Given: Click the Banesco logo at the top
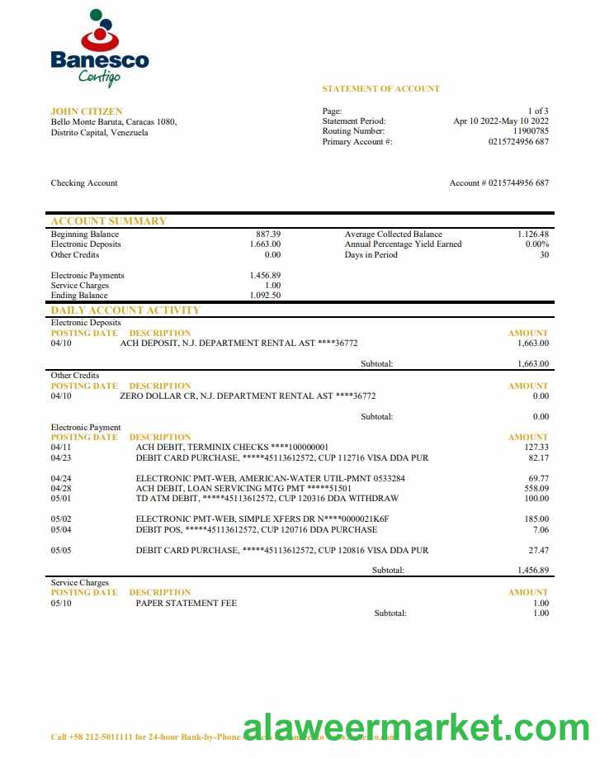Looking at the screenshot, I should [99, 48].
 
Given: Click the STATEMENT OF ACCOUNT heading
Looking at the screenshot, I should [380, 88].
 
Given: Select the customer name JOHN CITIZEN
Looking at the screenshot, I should [87, 111].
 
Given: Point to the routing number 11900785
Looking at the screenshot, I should [531, 131].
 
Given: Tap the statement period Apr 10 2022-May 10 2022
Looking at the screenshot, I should [501, 121].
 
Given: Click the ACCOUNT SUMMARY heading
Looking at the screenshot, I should [108, 221].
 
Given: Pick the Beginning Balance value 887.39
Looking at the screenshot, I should [268, 235].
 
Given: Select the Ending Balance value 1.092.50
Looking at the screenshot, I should [265, 295].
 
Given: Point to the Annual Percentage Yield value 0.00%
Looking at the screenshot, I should [536, 244].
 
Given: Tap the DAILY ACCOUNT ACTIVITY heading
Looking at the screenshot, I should [125, 310].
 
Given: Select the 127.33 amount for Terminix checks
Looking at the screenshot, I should [536, 448].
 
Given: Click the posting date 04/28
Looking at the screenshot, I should [61, 488].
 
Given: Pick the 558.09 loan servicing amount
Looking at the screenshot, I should [536, 488].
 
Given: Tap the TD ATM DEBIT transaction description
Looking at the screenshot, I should [267, 499].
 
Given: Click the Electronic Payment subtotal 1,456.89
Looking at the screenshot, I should [533, 571].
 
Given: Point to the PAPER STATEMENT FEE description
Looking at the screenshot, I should [186, 604].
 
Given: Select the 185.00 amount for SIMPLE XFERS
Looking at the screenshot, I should [536, 519].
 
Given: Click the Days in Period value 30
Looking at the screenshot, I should [544, 255].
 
